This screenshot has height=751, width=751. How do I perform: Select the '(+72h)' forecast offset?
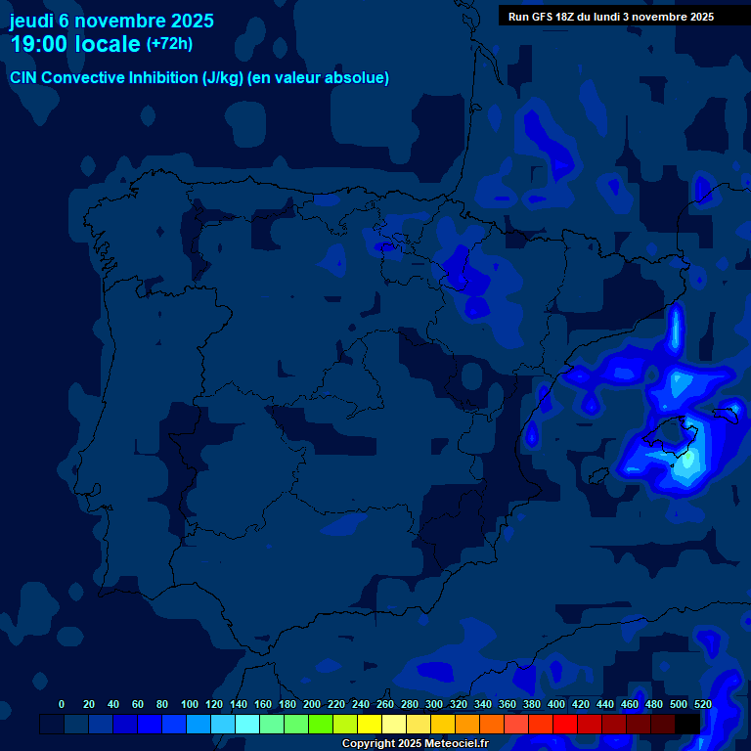pos(169,44)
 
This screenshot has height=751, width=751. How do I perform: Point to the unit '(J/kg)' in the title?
pos(225,78)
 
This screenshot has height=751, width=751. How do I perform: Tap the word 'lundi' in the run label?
pos(606,17)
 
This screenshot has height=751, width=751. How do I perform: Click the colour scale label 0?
pos(62,704)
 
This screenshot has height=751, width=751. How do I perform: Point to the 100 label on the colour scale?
pos(190,704)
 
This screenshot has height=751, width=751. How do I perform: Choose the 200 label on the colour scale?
pos(312,704)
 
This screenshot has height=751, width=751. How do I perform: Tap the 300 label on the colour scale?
pos(434,704)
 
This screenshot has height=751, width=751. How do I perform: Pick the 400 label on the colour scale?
pos(556,704)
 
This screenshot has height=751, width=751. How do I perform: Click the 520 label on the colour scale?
pos(702,704)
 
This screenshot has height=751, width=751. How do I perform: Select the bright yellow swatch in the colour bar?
pos(370,725)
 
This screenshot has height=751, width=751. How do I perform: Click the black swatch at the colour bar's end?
pos(687,725)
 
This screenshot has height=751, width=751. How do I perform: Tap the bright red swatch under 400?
pos(565,725)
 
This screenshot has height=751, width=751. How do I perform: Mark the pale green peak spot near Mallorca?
pos(688,457)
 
